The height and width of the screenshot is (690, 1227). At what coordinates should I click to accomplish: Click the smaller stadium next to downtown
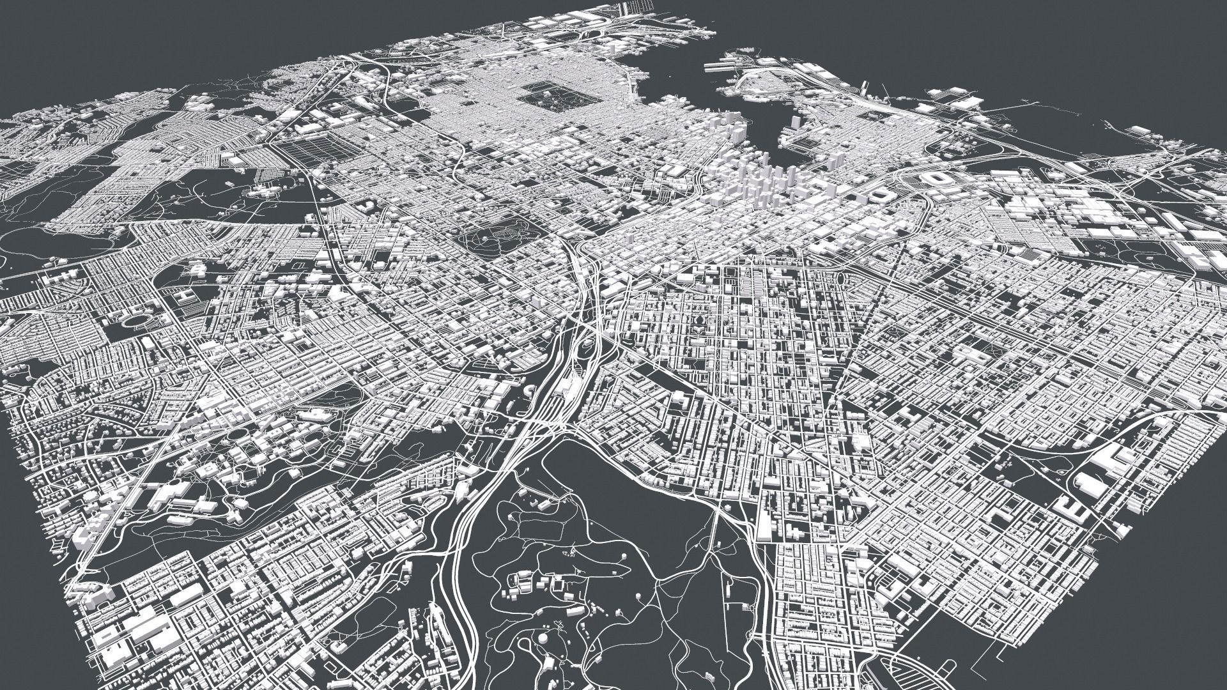pos(887,193)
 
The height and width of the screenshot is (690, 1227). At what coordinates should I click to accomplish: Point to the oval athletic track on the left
pos(135,319)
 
